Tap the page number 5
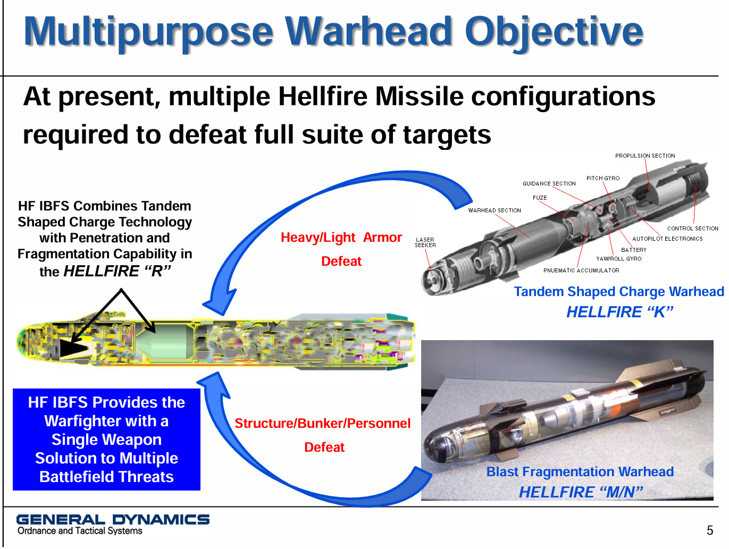[710, 530]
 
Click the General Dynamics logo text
[113, 519]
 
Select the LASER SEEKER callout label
[425, 242]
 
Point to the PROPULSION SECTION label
[645, 156]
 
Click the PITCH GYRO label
[603, 178]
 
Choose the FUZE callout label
[540, 198]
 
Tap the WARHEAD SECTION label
[495, 210]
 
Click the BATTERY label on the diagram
[634, 250]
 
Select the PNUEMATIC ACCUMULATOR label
[581, 271]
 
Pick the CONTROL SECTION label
[693, 229]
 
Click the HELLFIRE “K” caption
[620, 312]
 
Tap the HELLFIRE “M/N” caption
[581, 492]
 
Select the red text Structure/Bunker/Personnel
[322, 423]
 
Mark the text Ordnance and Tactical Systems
[80, 531]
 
